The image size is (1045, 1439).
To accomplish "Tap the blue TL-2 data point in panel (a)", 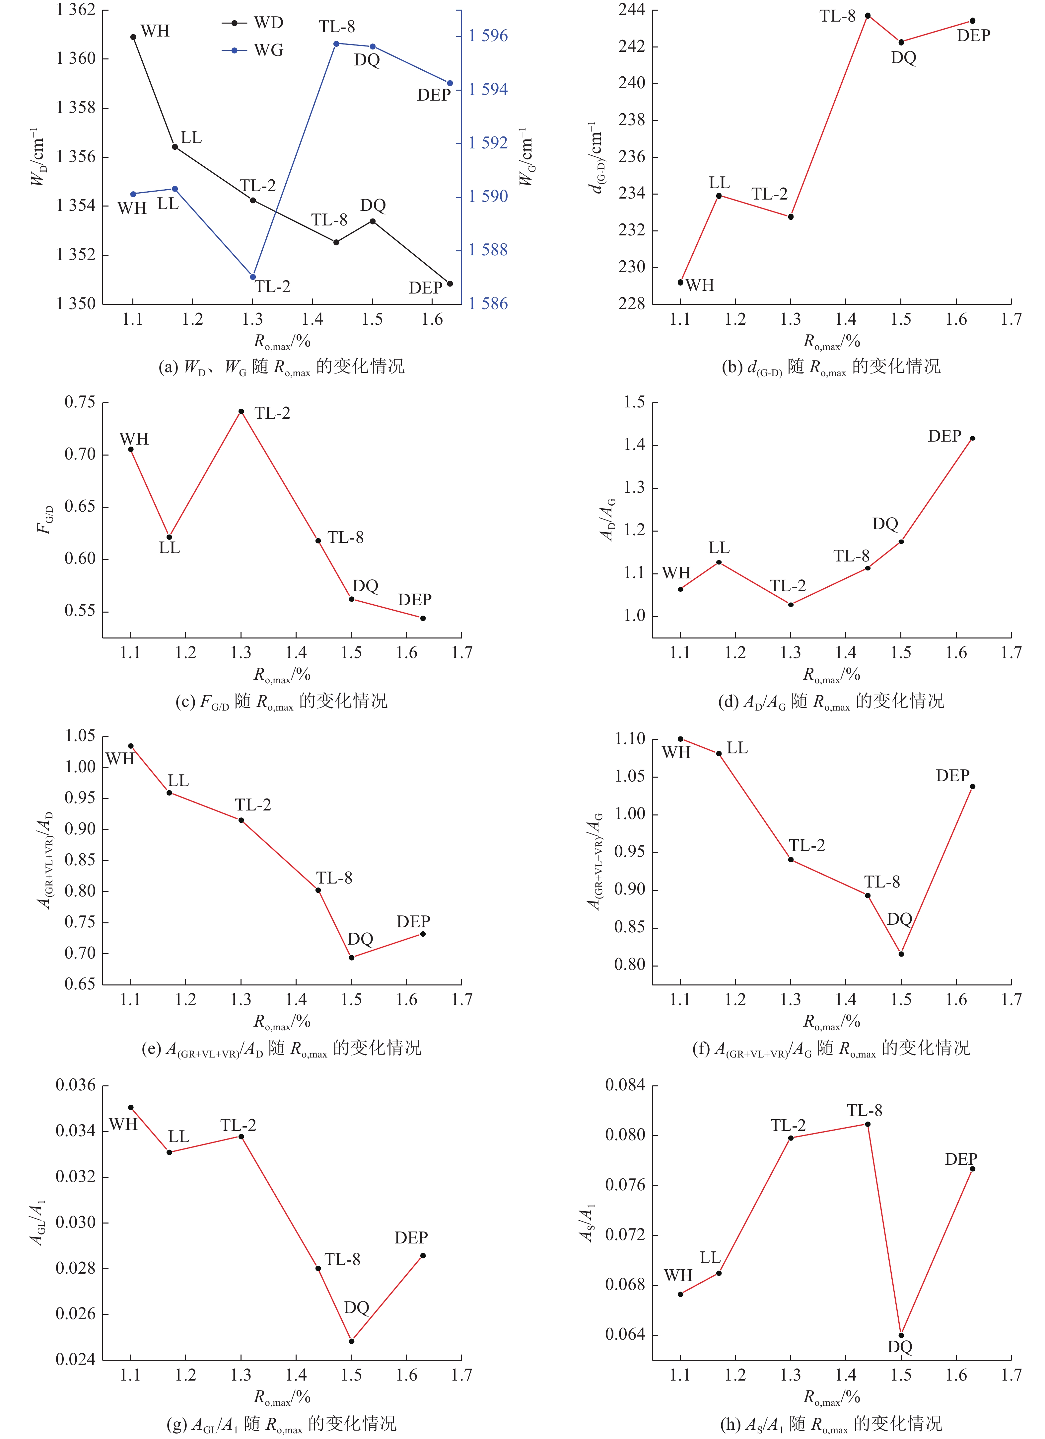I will click(253, 277).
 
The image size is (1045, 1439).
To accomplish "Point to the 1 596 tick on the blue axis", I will click(488, 36).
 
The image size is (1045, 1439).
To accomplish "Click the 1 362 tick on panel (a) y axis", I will click(75, 10).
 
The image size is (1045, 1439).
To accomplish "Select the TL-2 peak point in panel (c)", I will click(241, 411).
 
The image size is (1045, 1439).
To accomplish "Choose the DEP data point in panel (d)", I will click(973, 438).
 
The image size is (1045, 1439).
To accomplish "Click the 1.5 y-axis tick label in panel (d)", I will click(634, 402).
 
